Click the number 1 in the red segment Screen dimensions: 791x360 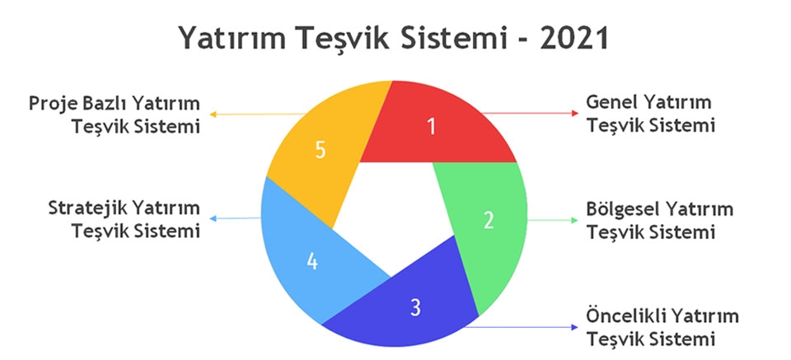tap(431, 127)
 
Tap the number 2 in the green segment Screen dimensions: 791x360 tap(489, 220)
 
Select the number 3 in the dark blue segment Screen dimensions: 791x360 tap(415, 307)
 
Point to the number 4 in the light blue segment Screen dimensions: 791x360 tap(312, 260)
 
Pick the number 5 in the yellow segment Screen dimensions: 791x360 tap(321, 150)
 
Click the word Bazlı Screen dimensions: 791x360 tap(104, 103)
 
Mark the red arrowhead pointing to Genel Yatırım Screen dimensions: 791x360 tap(575, 113)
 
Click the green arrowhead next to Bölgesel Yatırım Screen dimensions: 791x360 tap(574, 220)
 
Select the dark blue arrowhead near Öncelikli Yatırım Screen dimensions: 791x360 tap(574, 327)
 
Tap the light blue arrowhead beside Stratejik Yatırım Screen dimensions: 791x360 tap(213, 218)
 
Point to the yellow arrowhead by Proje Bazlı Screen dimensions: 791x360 tap(213, 115)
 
